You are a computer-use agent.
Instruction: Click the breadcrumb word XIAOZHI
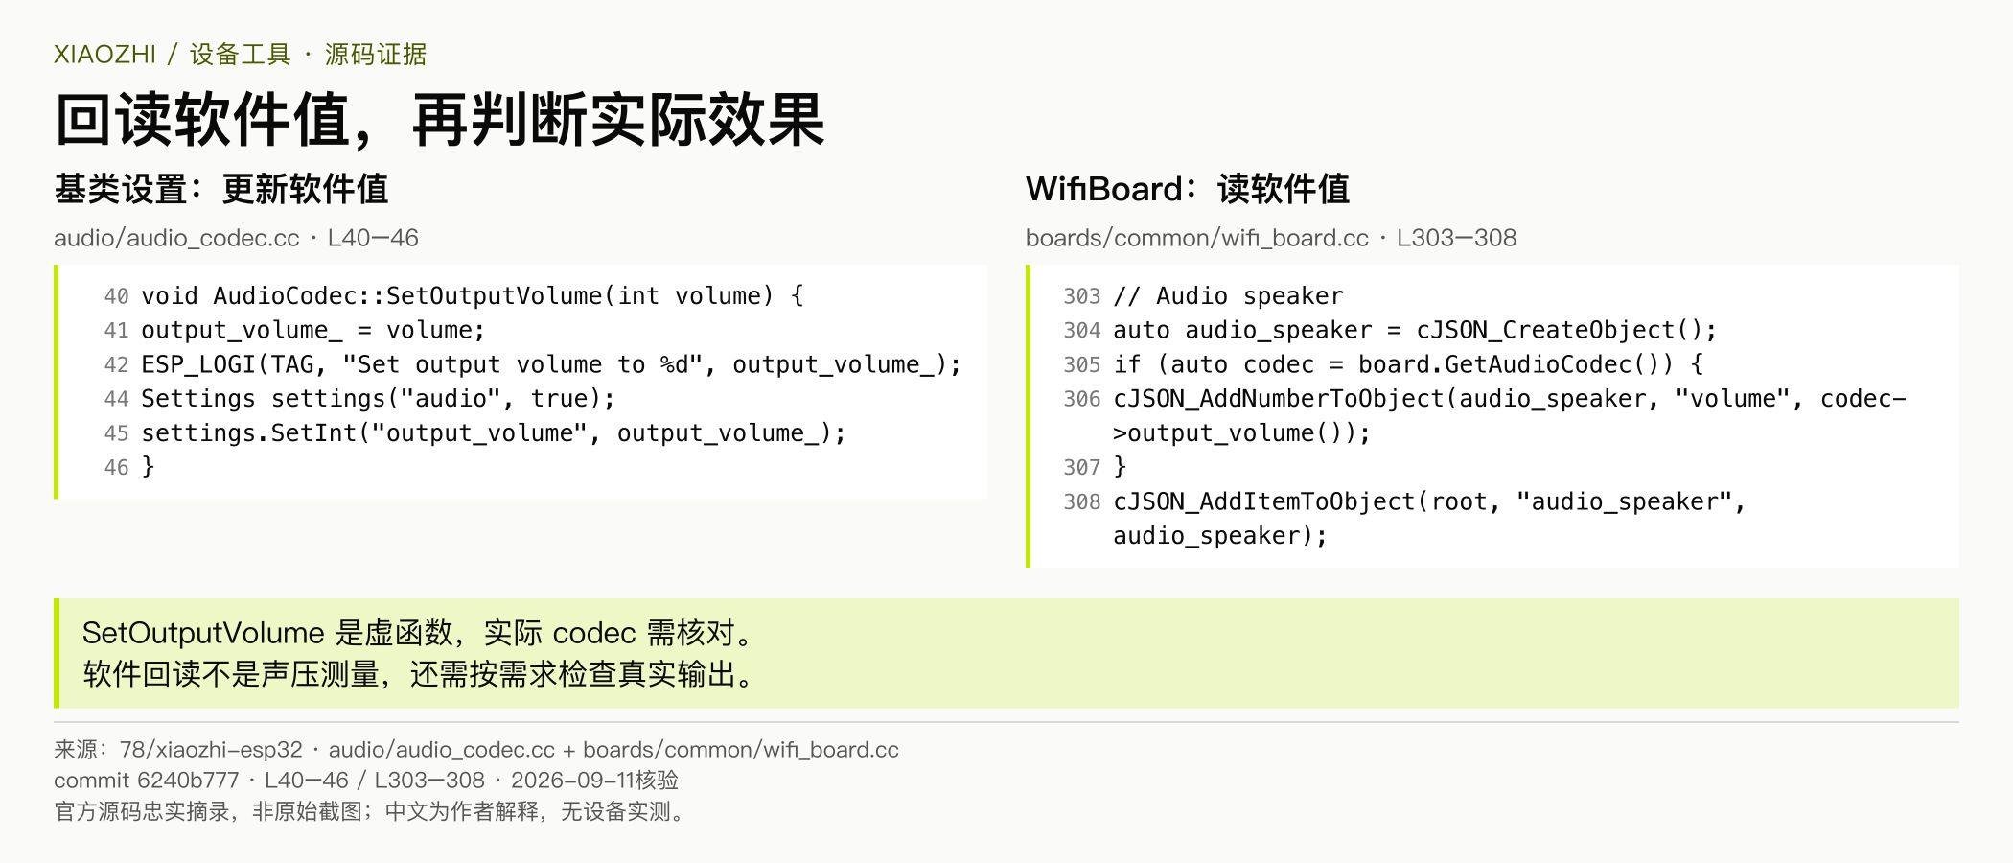click(104, 55)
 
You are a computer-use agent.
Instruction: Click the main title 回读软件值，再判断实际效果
click(440, 120)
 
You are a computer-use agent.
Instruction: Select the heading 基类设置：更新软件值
click(221, 189)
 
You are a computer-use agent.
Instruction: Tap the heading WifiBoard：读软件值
click(1188, 189)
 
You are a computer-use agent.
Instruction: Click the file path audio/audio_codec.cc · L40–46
click(236, 238)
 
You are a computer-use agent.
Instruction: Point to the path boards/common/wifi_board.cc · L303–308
click(1271, 238)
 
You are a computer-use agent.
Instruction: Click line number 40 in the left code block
click(116, 296)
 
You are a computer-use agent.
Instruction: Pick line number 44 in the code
click(116, 399)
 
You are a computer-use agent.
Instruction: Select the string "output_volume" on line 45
click(479, 433)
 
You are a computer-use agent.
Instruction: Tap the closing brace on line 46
click(148, 467)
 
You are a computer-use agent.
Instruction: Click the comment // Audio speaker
click(1228, 296)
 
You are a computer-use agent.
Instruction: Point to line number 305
click(1082, 364)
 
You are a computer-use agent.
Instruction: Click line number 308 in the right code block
click(1082, 501)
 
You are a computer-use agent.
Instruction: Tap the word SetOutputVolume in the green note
click(203, 633)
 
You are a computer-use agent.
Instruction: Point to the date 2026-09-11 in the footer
click(572, 781)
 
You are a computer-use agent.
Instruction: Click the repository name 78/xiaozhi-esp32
click(211, 750)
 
